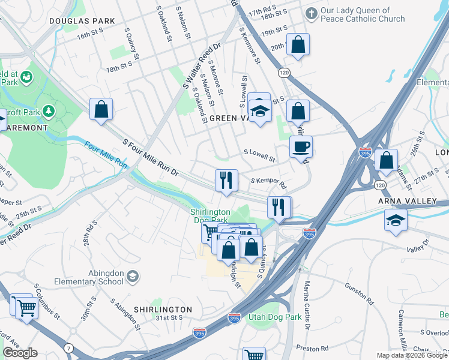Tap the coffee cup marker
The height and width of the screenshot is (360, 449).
tap(301, 146)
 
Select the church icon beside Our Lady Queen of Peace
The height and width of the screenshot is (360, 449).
tap(311, 13)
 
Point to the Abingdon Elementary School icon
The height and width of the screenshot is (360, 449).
tap(132, 276)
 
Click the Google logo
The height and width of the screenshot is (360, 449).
tap(20, 353)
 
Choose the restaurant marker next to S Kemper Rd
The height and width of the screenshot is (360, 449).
tap(226, 180)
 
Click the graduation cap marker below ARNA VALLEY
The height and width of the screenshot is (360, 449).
tap(396, 220)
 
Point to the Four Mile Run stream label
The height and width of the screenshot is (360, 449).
tap(106, 154)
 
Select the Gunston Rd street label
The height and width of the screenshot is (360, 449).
tap(358, 296)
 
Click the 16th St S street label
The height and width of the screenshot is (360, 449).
tap(91, 37)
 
